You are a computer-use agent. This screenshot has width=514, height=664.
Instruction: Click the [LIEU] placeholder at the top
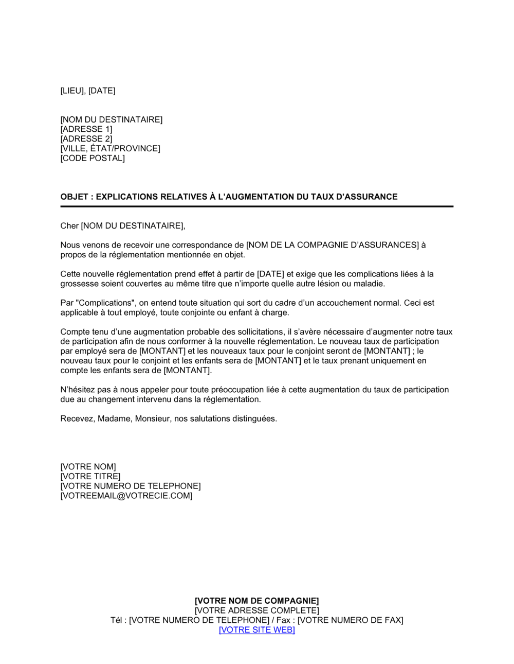tap(72, 91)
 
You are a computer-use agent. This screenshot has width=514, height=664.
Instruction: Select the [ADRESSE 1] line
tap(86, 129)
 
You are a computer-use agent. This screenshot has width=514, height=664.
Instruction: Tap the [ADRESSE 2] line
tap(86, 139)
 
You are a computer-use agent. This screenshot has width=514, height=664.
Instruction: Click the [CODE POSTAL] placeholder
tap(93, 158)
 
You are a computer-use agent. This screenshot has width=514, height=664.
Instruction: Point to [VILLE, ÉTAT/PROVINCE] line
tap(110, 149)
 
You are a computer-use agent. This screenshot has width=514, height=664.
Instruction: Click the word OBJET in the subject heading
tap(74, 197)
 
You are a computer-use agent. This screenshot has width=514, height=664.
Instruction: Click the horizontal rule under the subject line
tap(256, 206)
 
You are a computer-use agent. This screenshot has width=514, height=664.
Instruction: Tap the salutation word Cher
tap(69, 226)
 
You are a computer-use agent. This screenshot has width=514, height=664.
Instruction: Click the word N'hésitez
tap(79, 390)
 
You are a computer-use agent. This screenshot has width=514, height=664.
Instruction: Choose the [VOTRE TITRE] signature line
tap(90, 477)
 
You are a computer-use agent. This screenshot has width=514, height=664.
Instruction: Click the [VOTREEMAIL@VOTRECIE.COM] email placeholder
tap(126, 496)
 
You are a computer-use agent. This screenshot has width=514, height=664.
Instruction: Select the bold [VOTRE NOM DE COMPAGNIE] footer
tap(256, 601)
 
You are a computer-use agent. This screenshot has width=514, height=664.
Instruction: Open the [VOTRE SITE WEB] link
tap(256, 630)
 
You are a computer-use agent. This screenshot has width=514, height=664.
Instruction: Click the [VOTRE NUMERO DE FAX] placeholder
tap(351, 620)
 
